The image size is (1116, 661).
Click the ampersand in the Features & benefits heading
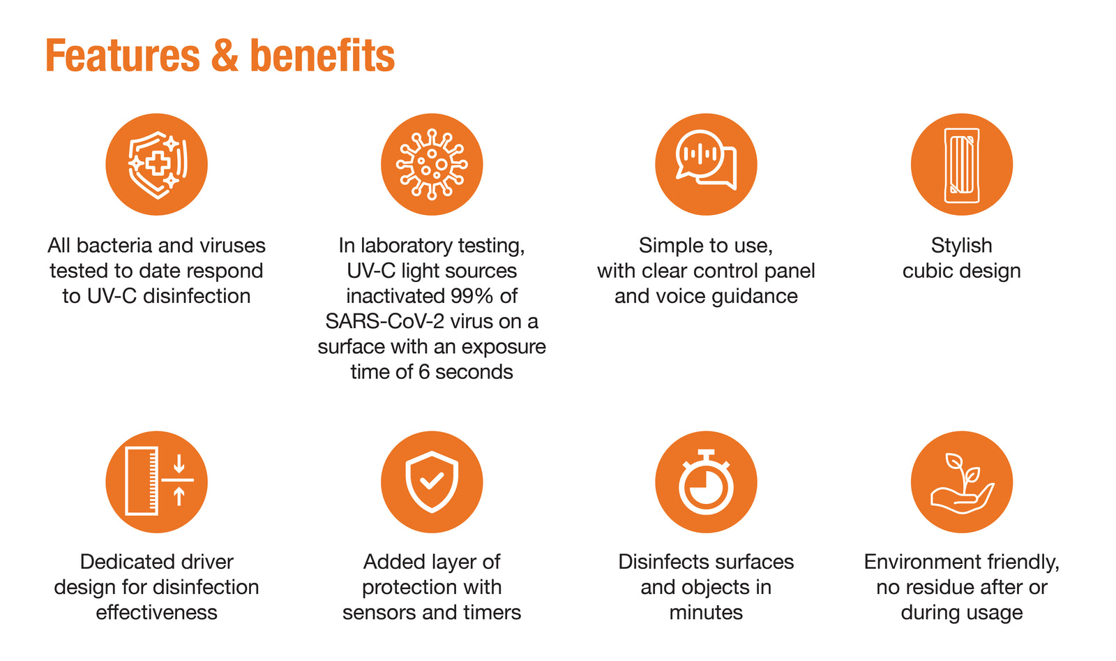point(224,55)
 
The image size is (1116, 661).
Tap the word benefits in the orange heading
point(322,55)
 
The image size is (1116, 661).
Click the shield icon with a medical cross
point(157,165)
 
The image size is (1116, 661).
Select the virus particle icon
point(432,165)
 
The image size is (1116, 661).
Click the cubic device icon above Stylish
point(962,165)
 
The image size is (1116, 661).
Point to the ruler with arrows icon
point(157,482)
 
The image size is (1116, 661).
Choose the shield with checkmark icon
point(432,482)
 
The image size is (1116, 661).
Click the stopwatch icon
point(706,482)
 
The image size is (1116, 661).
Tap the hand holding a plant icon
point(962,482)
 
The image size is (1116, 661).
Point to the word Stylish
point(962,246)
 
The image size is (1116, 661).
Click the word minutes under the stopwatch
point(706,613)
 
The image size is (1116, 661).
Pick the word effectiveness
point(156,613)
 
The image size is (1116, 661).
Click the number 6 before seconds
point(424,372)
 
